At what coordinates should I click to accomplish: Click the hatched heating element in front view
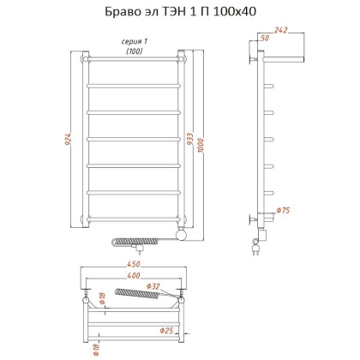[x=147, y=239]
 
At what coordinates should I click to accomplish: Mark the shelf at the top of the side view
[x=284, y=59]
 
